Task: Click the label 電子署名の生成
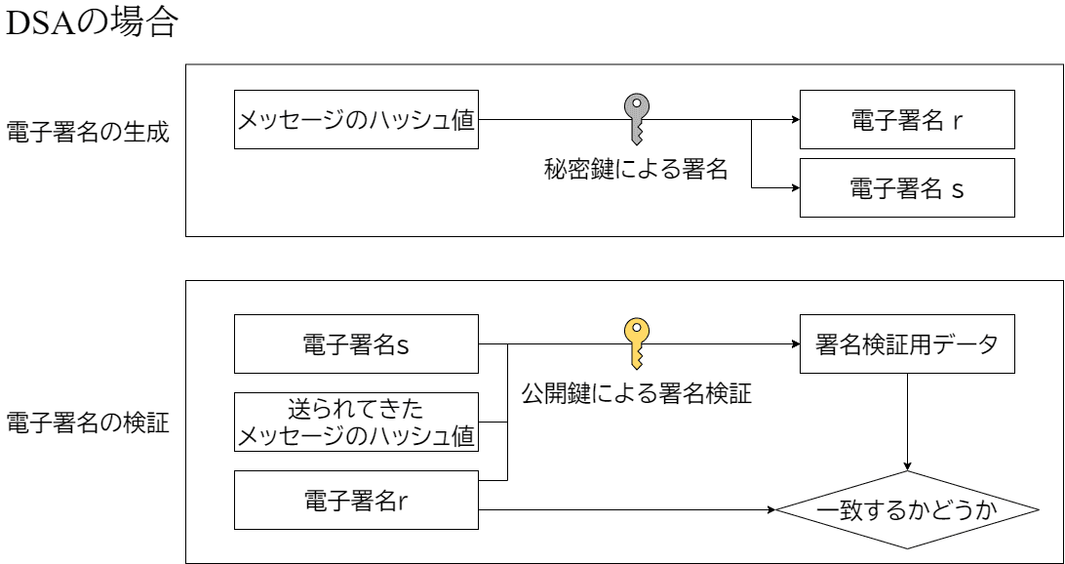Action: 88,133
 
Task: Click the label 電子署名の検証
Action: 88,424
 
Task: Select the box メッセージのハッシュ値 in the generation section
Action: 357,120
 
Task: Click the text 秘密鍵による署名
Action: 636,170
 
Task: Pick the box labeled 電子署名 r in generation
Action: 907,120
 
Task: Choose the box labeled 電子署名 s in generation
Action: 907,188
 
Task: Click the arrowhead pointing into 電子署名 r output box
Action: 795,120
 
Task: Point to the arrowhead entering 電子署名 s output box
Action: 795,188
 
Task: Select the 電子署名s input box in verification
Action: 357,343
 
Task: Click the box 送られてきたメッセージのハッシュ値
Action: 357,422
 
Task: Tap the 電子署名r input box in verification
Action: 357,500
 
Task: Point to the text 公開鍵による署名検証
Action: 636,395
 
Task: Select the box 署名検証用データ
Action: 907,343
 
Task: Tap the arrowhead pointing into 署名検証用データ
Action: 795,344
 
